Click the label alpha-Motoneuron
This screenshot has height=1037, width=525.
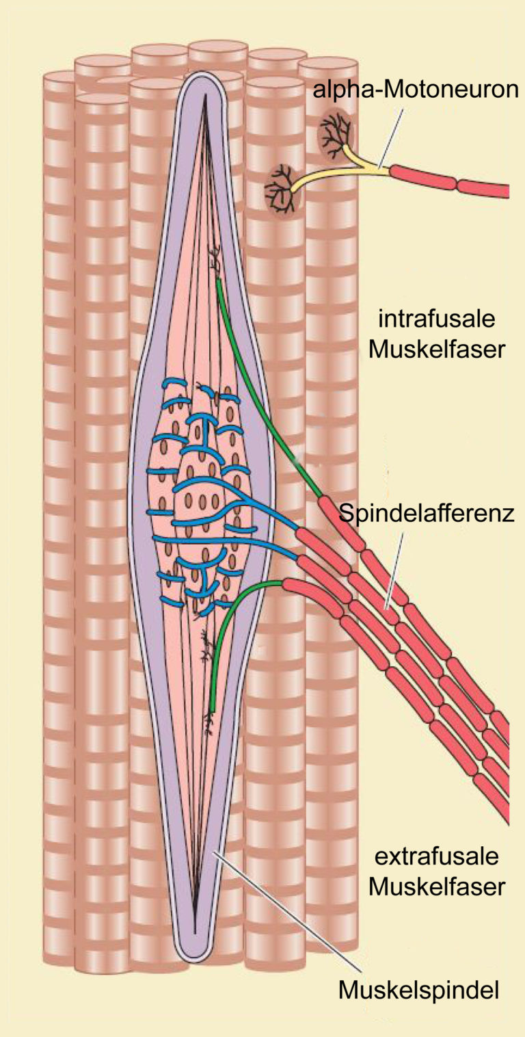[416, 90]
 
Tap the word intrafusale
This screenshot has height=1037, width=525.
[437, 319]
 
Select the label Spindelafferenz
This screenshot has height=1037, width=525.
[427, 514]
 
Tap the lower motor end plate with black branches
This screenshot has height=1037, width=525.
[282, 189]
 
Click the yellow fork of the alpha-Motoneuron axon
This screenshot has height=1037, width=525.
[351, 167]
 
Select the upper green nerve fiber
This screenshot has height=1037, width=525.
[267, 389]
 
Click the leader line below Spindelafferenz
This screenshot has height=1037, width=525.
[394, 571]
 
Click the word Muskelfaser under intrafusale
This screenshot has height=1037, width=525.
[437, 350]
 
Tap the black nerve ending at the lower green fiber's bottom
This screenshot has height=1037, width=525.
[210, 722]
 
